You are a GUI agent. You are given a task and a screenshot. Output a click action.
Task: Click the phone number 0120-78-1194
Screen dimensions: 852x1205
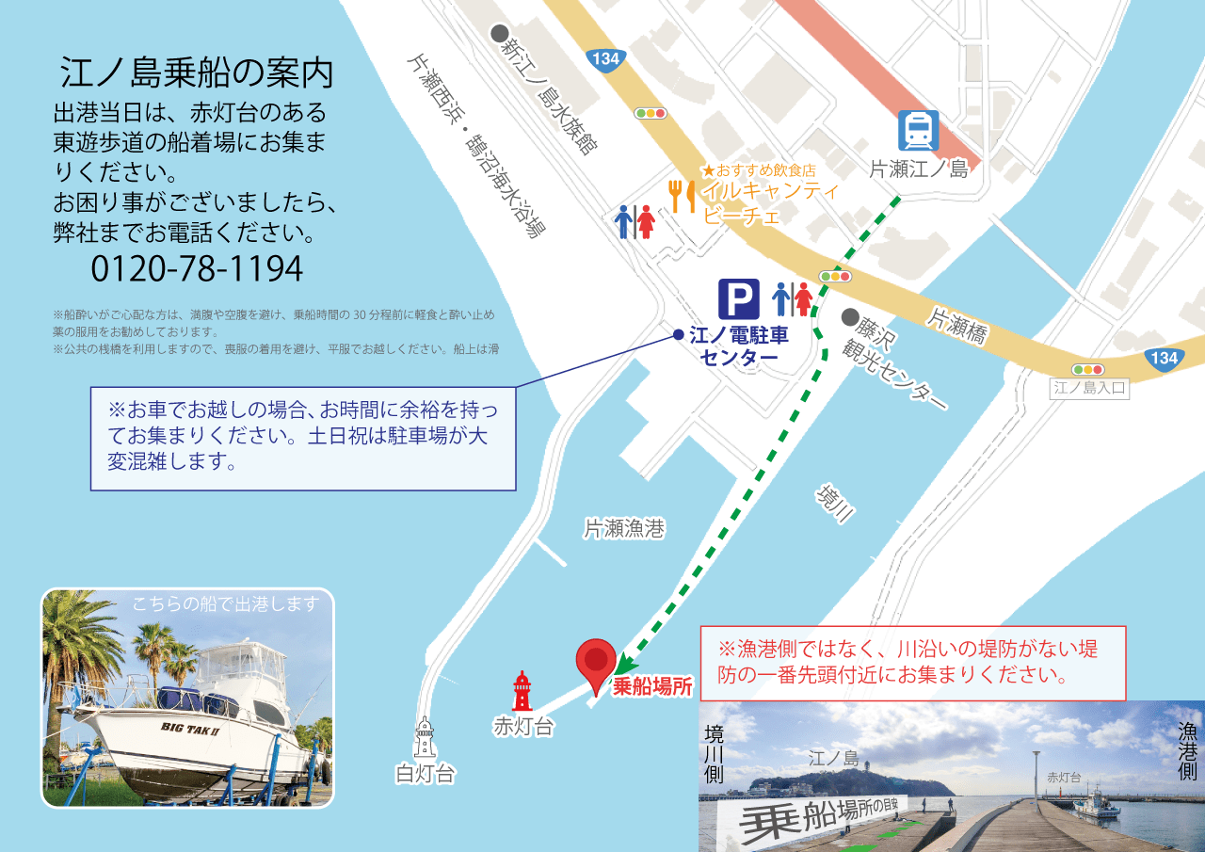(x=197, y=269)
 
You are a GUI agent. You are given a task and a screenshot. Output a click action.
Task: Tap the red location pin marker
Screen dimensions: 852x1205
(x=596, y=665)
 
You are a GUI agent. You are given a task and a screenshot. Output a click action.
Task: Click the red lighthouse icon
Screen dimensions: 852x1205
(x=522, y=691)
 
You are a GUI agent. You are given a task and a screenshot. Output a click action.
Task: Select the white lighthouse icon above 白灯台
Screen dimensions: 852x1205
(x=426, y=737)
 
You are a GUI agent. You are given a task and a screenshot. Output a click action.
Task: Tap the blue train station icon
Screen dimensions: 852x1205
(x=917, y=131)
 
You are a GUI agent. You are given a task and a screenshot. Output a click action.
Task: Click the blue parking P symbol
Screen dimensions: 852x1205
(x=739, y=298)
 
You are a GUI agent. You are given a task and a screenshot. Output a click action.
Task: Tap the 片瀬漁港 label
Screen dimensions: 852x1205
(x=624, y=529)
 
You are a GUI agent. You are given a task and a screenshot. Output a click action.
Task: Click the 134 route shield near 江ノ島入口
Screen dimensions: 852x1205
(x=1164, y=358)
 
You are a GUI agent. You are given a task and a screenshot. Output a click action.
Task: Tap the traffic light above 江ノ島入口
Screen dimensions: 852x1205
(x=1088, y=369)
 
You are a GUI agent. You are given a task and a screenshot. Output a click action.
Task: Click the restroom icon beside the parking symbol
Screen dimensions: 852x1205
(x=792, y=298)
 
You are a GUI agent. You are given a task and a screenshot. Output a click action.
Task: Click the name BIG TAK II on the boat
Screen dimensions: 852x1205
(x=191, y=728)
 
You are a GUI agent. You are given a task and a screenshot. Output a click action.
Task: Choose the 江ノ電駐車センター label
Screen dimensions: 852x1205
(x=739, y=346)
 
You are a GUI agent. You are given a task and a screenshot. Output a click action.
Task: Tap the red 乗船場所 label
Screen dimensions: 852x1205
(x=652, y=687)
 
